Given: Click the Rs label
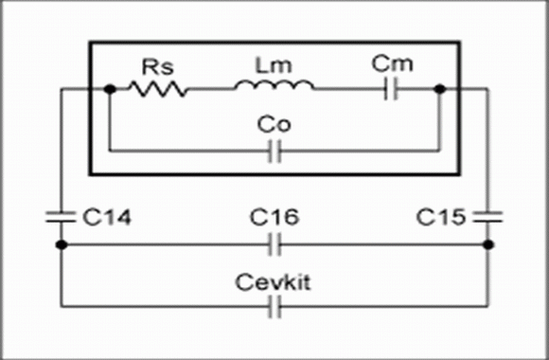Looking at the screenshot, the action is (x=157, y=66).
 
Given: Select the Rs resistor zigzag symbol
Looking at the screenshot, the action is (x=157, y=89).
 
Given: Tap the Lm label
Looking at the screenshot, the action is (x=274, y=65).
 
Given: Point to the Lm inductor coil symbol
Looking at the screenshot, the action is (x=274, y=85).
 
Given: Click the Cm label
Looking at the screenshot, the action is (x=392, y=63).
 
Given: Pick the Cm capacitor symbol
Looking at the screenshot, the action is (x=391, y=89).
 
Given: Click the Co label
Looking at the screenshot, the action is (x=274, y=125).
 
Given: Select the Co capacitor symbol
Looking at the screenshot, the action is (x=274, y=152).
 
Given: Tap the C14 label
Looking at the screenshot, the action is (x=107, y=217).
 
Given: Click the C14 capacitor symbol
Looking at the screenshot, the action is (x=61, y=217).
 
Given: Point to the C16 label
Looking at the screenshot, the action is (x=274, y=217).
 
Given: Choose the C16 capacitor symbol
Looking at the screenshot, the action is (x=274, y=244).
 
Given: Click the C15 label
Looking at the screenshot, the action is (x=441, y=217).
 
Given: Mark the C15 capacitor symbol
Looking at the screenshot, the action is (x=487, y=217).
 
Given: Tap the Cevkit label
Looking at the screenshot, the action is (x=273, y=282).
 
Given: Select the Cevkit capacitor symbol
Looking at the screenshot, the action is (x=274, y=307).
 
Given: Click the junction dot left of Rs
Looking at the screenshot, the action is (x=110, y=89).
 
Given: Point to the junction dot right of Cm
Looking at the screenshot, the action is (x=440, y=89).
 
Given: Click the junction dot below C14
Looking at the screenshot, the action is (x=62, y=244).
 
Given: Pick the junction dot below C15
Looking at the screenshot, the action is (x=488, y=244).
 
